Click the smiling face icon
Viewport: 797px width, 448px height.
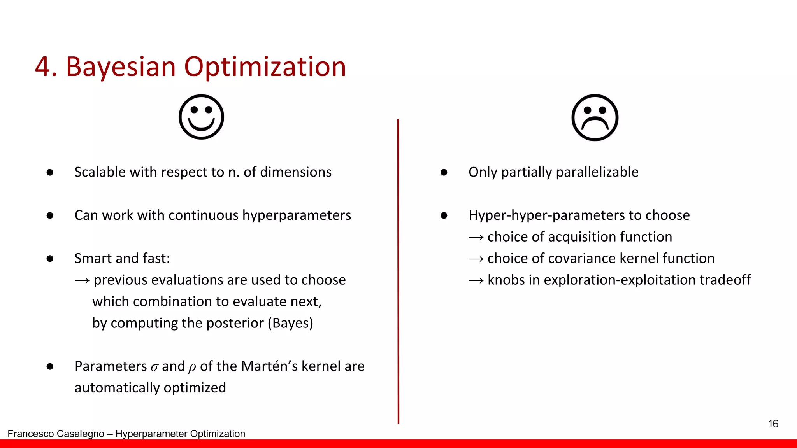[201, 117]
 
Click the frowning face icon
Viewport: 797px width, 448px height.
[595, 117]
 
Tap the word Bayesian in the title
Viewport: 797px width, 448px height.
[121, 66]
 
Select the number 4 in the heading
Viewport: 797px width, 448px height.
[43, 66]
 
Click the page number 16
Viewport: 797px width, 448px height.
[773, 423]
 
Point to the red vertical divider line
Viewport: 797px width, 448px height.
[398, 272]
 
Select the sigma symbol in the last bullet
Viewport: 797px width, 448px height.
[154, 367]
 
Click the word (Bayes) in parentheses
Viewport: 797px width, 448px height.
[290, 323]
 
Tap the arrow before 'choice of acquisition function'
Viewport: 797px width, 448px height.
[476, 237]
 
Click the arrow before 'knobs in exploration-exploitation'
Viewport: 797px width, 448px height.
[476, 280]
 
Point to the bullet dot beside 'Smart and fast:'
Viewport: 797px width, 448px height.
[50, 259]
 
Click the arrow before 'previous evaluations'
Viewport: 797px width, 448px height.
[82, 280]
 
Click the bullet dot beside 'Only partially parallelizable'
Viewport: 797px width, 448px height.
[444, 172]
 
